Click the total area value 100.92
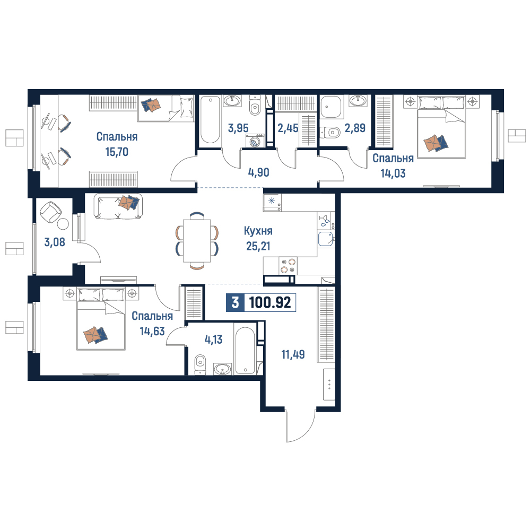pos(270,302)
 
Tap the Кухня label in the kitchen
pos(258,231)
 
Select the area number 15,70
pos(117,152)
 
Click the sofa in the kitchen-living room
pos(118,206)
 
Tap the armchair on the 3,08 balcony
pos(51,212)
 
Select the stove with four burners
pos(288,266)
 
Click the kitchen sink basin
pos(326,239)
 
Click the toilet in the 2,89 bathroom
pos(330,132)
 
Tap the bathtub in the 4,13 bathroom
pos(245,351)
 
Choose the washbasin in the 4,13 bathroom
pos(223,369)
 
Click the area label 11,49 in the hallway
pos(293,354)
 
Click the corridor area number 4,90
pos(259,172)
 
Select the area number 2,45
pos(288,128)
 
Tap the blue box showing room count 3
pos(235,302)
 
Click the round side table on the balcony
pos(63,224)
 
